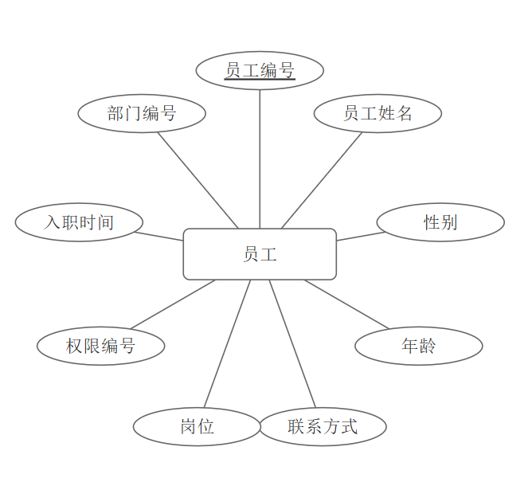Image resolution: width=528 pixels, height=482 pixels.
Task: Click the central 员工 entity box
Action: [x=260, y=254]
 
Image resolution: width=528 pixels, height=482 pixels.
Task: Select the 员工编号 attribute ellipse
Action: [x=260, y=71]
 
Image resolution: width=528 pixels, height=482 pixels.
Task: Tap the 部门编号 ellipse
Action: [x=142, y=113]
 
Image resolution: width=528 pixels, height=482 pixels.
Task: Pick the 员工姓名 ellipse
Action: [x=377, y=113]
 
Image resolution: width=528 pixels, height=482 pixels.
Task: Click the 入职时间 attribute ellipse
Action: [x=79, y=222]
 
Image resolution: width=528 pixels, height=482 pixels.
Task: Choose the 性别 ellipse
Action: [x=440, y=222]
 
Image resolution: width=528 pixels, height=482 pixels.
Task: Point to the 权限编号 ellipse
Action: [x=100, y=346]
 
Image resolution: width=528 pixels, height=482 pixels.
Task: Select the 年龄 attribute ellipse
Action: [x=418, y=346]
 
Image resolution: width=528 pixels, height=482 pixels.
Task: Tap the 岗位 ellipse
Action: [x=197, y=426]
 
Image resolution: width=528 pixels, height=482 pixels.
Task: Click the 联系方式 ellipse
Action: [x=323, y=426]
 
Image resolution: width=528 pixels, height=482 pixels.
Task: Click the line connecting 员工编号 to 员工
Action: [x=260, y=159]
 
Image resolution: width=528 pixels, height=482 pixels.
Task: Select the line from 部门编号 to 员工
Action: [x=198, y=180]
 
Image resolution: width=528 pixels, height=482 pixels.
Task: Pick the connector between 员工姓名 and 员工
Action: [x=322, y=180]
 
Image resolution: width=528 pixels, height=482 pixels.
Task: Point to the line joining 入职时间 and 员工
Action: [x=159, y=236]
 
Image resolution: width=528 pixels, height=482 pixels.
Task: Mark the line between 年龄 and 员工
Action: [x=346, y=304]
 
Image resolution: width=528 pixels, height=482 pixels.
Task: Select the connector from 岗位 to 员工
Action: [x=227, y=344]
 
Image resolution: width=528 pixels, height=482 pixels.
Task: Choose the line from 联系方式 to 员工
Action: [x=292, y=344]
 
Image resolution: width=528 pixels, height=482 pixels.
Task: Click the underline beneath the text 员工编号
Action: [x=260, y=80]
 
